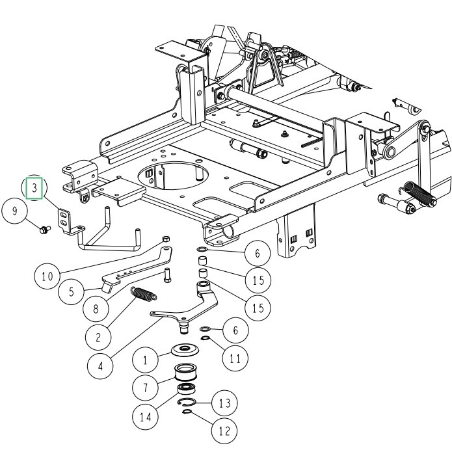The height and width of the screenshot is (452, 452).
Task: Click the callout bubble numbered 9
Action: pyautogui.click(x=14, y=211)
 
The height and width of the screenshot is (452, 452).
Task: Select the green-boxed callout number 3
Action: pyautogui.click(x=34, y=189)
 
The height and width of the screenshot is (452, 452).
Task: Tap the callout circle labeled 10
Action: pyautogui.click(x=47, y=276)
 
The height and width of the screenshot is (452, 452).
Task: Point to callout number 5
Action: pyautogui.click(x=71, y=293)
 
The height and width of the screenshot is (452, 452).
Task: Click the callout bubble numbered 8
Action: pyautogui.click(x=96, y=310)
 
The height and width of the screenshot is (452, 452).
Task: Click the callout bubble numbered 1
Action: pyautogui.click(x=146, y=358)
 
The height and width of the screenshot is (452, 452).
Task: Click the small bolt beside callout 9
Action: pyautogui.click(x=44, y=229)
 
